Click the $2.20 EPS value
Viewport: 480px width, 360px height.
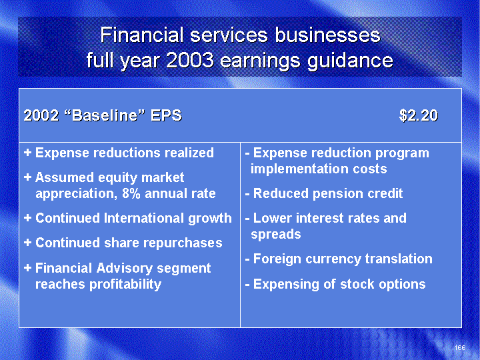coord(419,116)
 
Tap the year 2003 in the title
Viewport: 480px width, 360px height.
coord(190,60)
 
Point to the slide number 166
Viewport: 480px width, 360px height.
coord(460,347)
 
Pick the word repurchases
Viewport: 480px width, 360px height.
coord(183,243)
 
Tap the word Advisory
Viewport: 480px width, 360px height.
coord(124,268)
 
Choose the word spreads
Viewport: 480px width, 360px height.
coord(276,235)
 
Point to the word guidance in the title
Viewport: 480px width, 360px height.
coord(350,60)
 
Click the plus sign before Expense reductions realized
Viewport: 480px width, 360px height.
coord(27,153)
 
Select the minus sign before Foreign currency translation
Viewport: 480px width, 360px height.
coord(247,259)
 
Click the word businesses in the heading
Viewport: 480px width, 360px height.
coord(327,35)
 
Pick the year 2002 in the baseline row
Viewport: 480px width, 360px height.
coord(41,116)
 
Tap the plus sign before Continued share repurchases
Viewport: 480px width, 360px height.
coord(27,243)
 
